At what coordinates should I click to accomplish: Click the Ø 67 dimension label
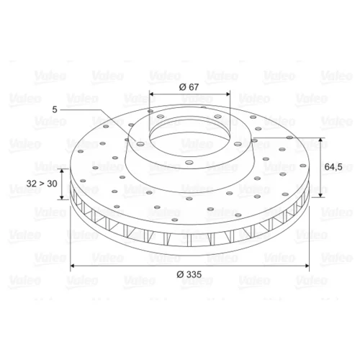pyautogui.click(x=189, y=87)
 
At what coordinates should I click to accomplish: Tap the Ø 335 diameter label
pyautogui.click(x=189, y=274)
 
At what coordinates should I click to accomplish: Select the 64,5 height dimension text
pyautogui.click(x=333, y=166)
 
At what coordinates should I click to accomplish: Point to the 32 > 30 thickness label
pyautogui.click(x=42, y=184)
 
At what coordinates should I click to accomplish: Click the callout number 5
pyautogui.click(x=55, y=109)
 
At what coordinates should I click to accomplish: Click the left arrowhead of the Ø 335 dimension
pyautogui.click(x=73, y=266)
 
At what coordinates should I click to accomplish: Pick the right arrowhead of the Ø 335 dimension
pyautogui.click(x=306, y=266)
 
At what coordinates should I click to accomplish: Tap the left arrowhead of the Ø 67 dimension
pyautogui.click(x=152, y=94)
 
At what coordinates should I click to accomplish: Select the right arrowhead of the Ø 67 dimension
pyautogui.click(x=228, y=94)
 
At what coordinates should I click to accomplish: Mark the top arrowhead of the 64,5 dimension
pyautogui.click(x=320, y=140)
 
